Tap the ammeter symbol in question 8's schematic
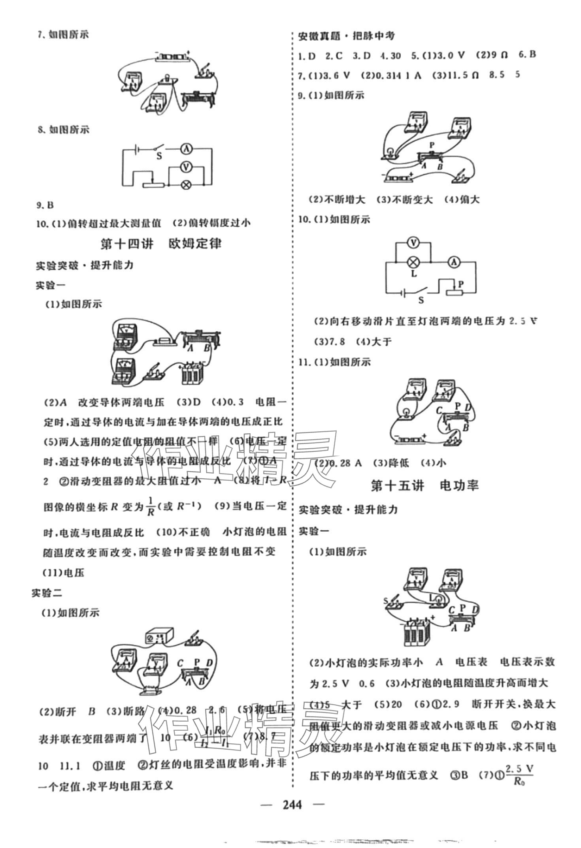tap(186, 149)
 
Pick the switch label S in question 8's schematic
tap(159, 156)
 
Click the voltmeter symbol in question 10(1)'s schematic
tap(413, 243)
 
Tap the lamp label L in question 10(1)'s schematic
tap(414, 273)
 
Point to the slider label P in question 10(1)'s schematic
tap(461, 284)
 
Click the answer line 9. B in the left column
tap(45, 205)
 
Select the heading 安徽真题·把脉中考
tap(346, 36)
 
